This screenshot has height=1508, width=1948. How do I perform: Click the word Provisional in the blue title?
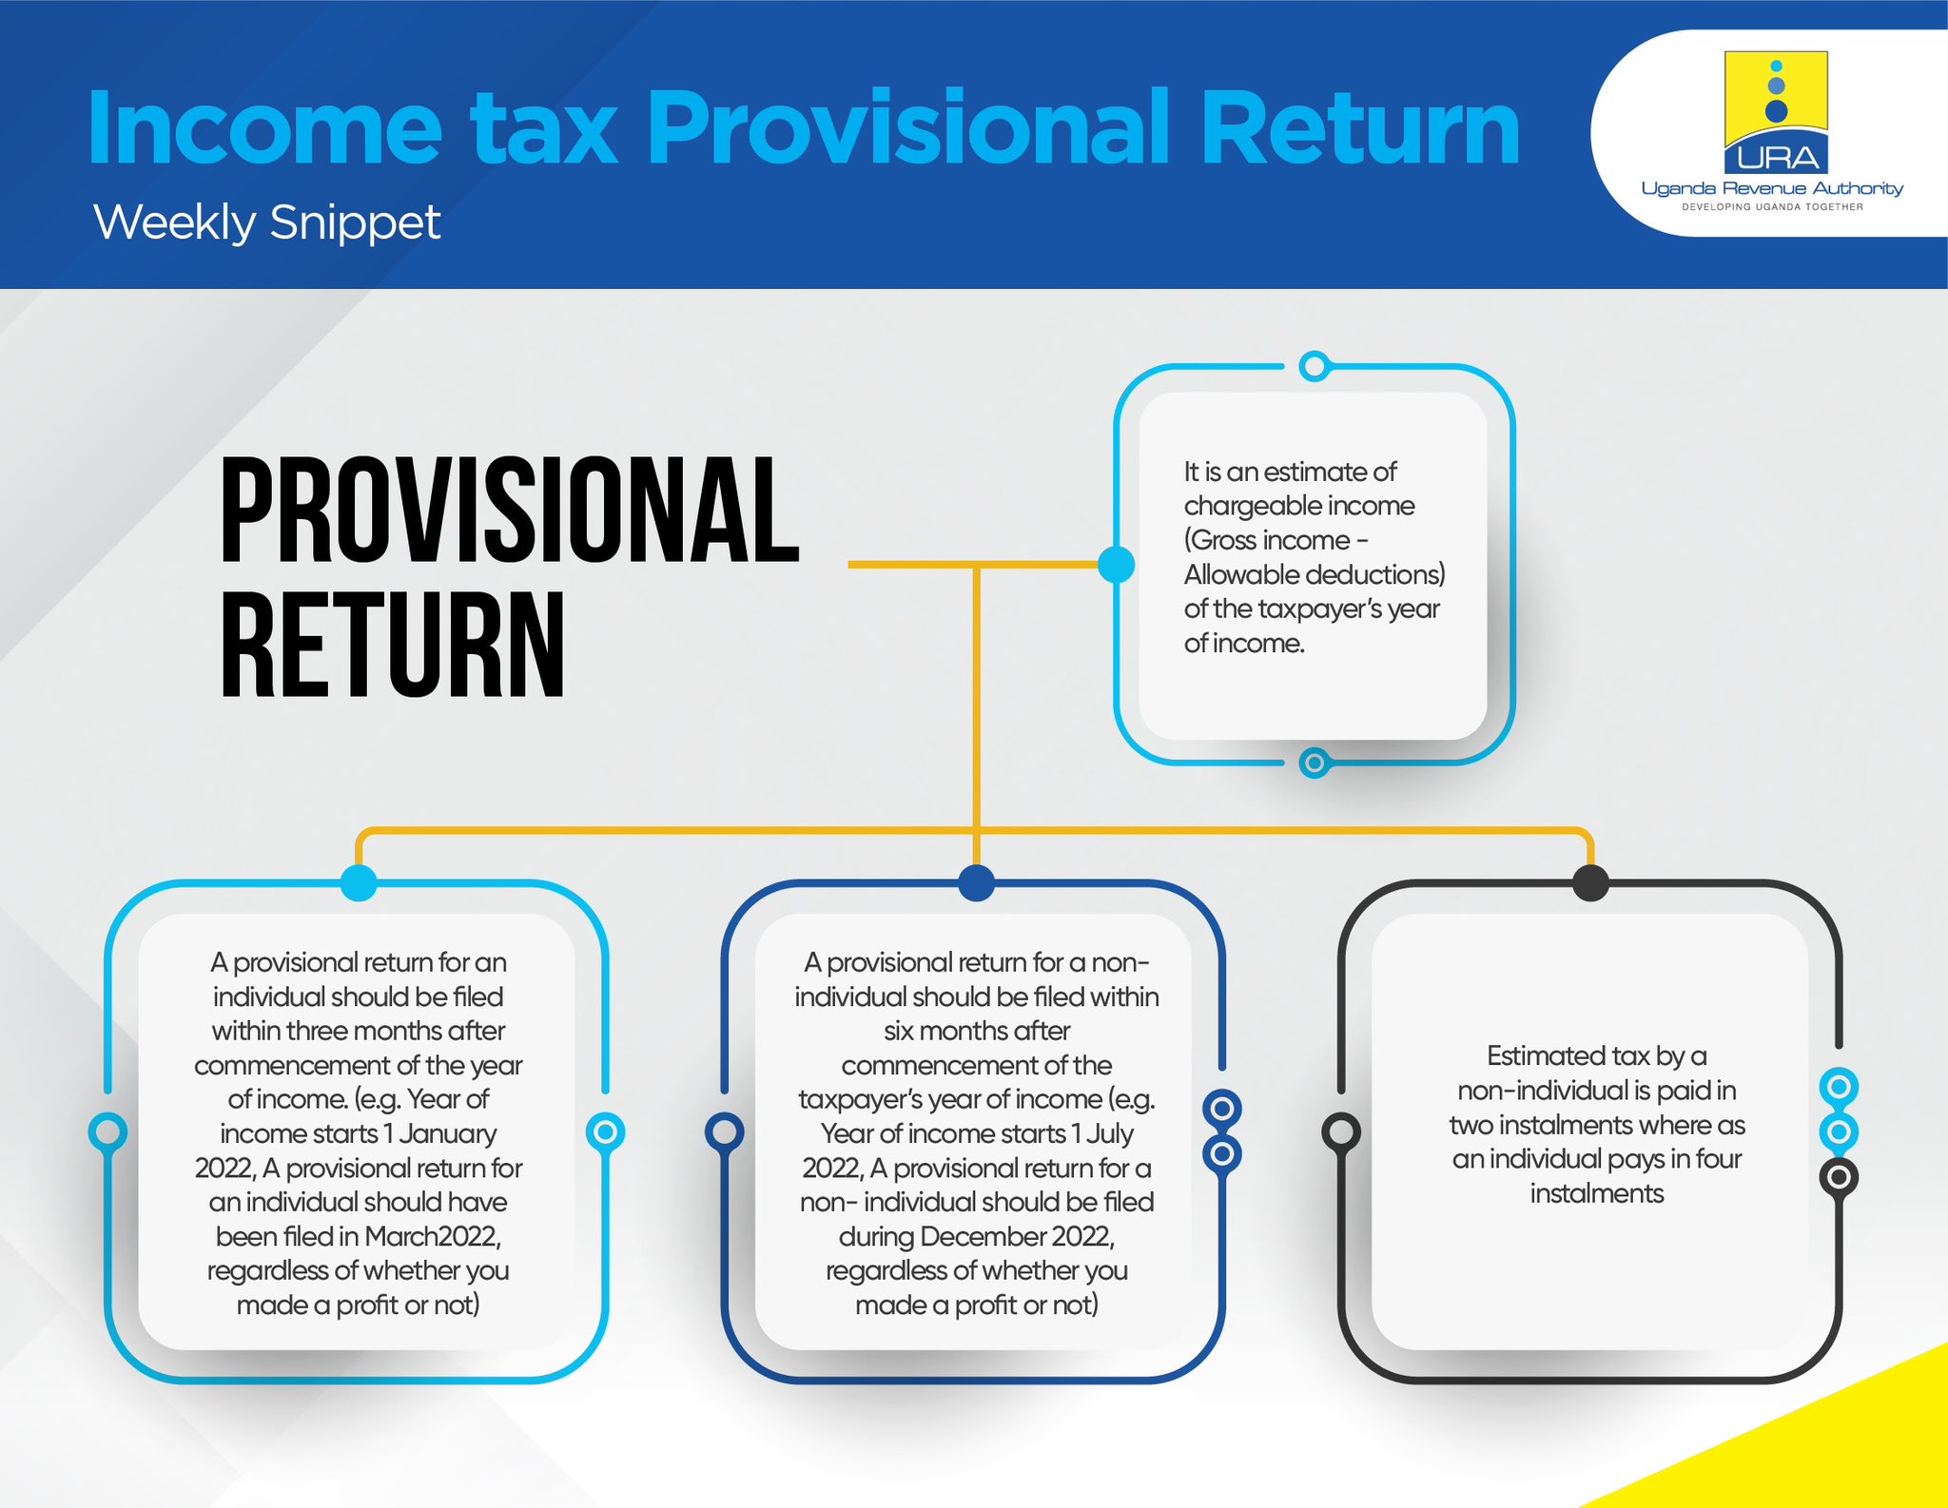click(908, 128)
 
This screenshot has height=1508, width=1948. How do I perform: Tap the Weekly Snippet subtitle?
click(266, 222)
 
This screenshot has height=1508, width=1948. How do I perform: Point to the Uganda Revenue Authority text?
click(1772, 188)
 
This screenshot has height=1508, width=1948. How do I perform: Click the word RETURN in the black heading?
click(393, 646)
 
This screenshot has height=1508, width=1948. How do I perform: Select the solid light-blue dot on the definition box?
click(1116, 565)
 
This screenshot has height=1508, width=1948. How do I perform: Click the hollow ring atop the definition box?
click(1314, 366)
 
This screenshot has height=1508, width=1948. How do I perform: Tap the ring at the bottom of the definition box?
click(1314, 762)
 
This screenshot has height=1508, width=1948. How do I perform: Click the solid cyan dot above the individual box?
click(359, 882)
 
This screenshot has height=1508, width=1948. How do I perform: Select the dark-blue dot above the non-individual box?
click(976, 882)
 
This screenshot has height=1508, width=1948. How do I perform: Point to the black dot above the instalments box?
click(1590, 882)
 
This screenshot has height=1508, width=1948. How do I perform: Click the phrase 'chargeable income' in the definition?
click(1298, 506)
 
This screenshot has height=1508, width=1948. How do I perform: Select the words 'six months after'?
click(977, 1031)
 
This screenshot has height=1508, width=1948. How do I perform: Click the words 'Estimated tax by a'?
click(1596, 1055)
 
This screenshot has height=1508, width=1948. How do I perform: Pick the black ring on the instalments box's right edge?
click(1839, 1177)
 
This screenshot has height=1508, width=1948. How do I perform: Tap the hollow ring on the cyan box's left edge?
click(107, 1131)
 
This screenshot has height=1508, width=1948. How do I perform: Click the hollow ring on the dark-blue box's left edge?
click(724, 1131)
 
